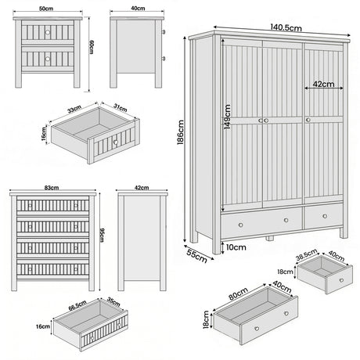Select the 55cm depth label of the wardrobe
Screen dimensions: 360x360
[198, 254]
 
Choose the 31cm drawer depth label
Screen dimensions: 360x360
[120, 108]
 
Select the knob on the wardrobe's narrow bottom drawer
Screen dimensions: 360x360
[322, 214]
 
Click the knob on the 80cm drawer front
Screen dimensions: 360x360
[286, 313]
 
